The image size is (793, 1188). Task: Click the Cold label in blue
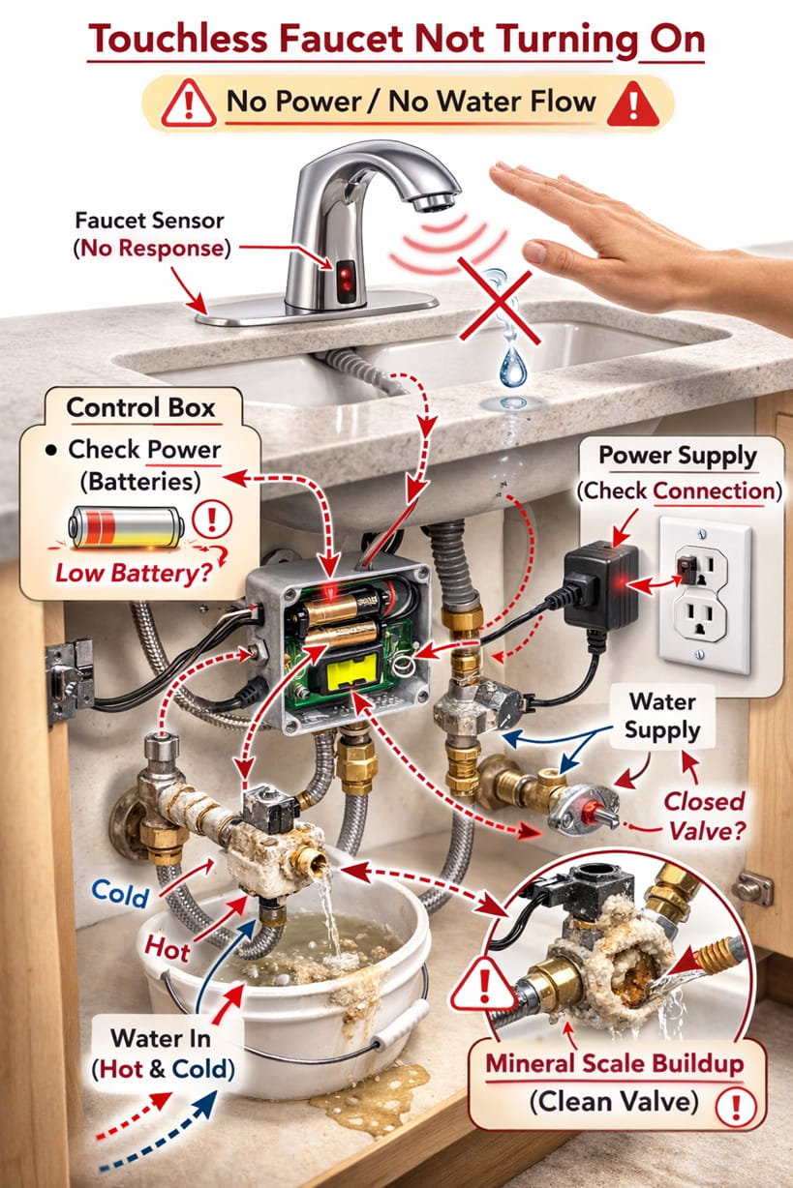121,894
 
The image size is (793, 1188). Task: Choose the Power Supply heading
678,455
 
